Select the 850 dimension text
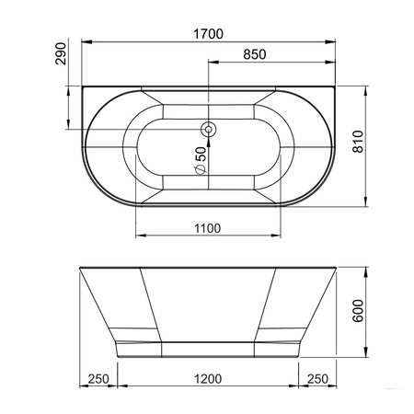[253, 54]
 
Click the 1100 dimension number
[207, 228]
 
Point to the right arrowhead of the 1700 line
[333, 42]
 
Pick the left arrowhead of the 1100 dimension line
[140, 236]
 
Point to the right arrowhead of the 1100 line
[278, 236]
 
